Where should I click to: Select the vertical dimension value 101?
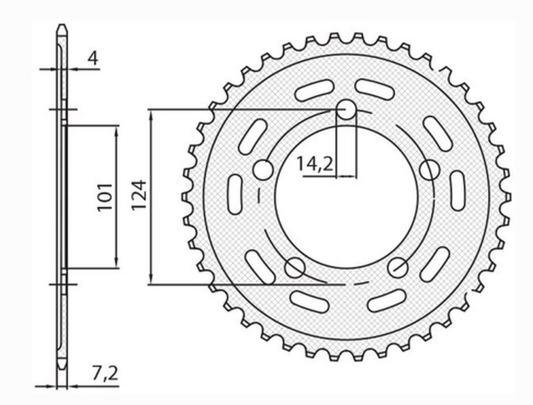(x=105, y=197)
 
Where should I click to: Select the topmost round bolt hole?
(x=346, y=110)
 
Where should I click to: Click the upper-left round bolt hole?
(x=263, y=171)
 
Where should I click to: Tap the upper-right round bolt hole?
(x=428, y=171)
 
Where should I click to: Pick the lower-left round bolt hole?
(x=294, y=268)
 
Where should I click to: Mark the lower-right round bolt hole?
(x=397, y=268)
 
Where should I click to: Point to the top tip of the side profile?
(x=61, y=28)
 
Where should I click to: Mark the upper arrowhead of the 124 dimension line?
(x=153, y=115)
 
